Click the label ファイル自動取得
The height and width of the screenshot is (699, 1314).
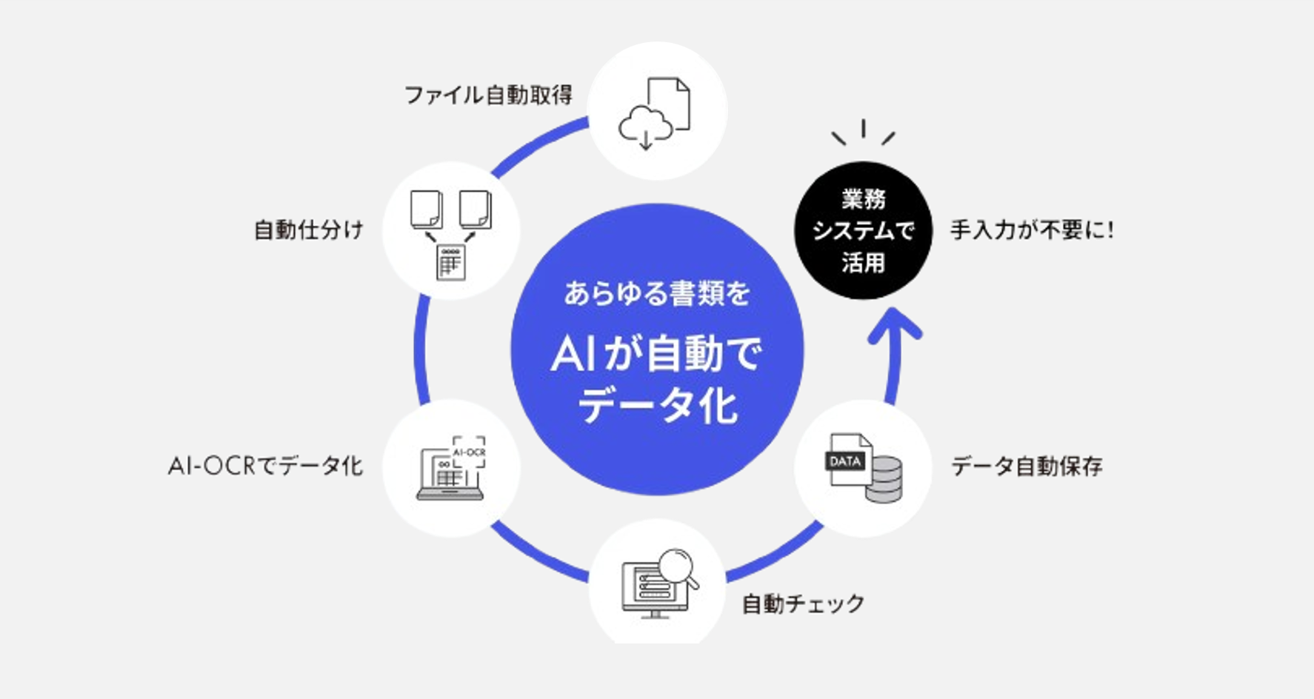click(488, 96)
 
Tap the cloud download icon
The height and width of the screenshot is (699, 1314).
click(645, 127)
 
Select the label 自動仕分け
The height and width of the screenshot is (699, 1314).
click(309, 230)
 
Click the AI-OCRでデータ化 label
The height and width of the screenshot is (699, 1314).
click(265, 466)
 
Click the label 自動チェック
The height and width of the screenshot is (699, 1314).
click(803, 604)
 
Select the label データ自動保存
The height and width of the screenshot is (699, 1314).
click(1027, 466)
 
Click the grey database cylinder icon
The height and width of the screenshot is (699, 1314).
click(884, 479)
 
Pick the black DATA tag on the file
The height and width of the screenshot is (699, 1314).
click(845, 461)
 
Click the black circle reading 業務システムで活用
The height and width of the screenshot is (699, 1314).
click(863, 230)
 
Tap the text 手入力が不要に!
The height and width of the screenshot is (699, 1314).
click(1032, 230)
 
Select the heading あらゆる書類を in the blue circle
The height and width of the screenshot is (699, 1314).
click(657, 293)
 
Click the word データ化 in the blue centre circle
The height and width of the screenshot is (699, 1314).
click(657, 407)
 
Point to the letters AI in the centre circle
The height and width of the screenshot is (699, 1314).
click(574, 354)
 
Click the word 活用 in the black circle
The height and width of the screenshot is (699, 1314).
click(863, 263)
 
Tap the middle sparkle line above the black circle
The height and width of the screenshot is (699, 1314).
click(863, 128)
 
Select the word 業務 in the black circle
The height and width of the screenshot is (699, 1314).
click(863, 199)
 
